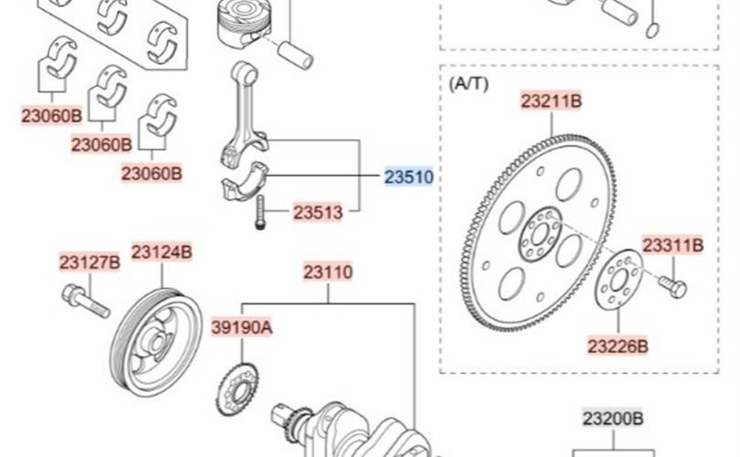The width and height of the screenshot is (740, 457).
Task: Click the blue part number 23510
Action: [408, 177]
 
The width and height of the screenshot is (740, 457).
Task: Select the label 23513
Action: [318, 212]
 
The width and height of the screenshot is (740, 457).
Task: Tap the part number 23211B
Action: [551, 101]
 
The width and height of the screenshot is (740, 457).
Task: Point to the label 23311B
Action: [673, 245]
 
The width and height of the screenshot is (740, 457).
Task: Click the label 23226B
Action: [618, 346]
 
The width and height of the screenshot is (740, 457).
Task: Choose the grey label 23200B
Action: [613, 419]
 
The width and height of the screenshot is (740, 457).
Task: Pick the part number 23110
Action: [328, 272]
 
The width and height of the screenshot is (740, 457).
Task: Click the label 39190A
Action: [241, 326]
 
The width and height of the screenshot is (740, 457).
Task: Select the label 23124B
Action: [162, 251]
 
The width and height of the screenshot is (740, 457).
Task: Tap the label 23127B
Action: [90, 262]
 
